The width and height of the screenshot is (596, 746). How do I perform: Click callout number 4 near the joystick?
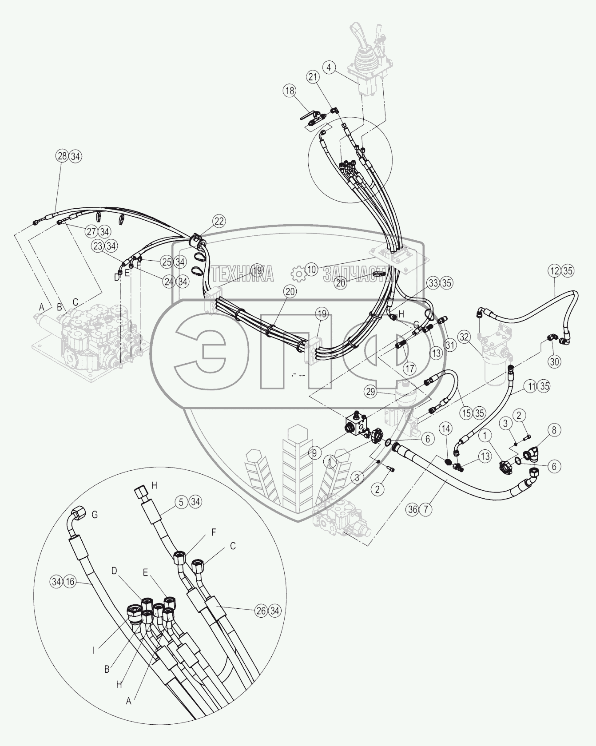pyautogui.click(x=329, y=68)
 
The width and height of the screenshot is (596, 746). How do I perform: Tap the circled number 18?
pyautogui.click(x=290, y=91)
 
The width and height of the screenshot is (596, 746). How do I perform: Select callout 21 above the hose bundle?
pyautogui.click(x=326, y=77)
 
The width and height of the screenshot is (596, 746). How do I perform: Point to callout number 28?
pyautogui.click(x=62, y=156)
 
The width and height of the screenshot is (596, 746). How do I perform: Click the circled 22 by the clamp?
pyautogui.click(x=219, y=221)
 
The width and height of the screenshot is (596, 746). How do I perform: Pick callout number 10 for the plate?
pyautogui.click(x=312, y=269)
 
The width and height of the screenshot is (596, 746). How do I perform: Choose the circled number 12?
pyautogui.click(x=555, y=270)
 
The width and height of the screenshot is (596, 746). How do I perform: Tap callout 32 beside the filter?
pyautogui.click(x=464, y=337)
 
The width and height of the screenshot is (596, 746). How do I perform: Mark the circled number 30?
pyautogui.click(x=554, y=361)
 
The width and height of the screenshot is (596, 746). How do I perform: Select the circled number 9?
pyautogui.click(x=314, y=453)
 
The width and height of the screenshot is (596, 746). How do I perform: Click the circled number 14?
pyautogui.click(x=446, y=429)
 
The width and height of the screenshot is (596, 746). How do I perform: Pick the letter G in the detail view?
pyautogui.click(x=94, y=515)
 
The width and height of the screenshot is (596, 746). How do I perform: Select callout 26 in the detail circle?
pyautogui.click(x=261, y=611)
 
